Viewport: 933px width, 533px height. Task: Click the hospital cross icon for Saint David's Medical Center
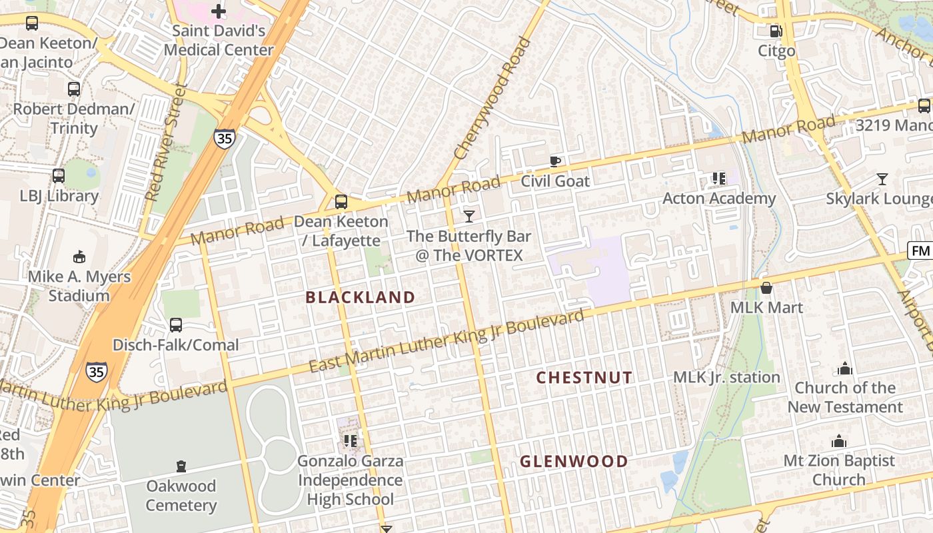tap(219, 11)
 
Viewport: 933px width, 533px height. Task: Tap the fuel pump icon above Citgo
tap(776, 31)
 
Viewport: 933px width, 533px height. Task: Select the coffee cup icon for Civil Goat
tap(554, 161)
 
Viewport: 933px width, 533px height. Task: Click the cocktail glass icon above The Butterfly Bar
tap(469, 216)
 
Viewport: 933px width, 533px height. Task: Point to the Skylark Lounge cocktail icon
tap(882, 179)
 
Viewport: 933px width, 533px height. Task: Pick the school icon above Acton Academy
tap(718, 178)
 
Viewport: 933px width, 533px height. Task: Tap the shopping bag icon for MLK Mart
tap(766, 288)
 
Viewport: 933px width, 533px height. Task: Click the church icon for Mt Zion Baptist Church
tap(838, 441)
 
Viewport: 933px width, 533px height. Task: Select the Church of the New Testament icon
tap(844, 368)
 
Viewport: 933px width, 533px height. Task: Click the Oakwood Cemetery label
tap(181, 495)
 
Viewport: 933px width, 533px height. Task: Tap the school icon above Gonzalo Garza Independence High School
tap(350, 440)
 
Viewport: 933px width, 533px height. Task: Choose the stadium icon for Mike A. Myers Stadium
tap(79, 257)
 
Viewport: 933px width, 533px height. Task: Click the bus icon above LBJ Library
tap(59, 176)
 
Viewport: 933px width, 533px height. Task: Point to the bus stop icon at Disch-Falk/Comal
tap(175, 325)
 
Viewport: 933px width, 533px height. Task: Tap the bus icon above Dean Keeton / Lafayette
tap(341, 201)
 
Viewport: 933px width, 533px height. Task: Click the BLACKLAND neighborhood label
tap(360, 297)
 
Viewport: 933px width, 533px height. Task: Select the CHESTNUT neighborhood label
tap(584, 378)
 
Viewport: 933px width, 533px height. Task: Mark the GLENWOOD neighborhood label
tap(574, 461)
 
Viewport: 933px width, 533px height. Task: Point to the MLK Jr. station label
tap(726, 377)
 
